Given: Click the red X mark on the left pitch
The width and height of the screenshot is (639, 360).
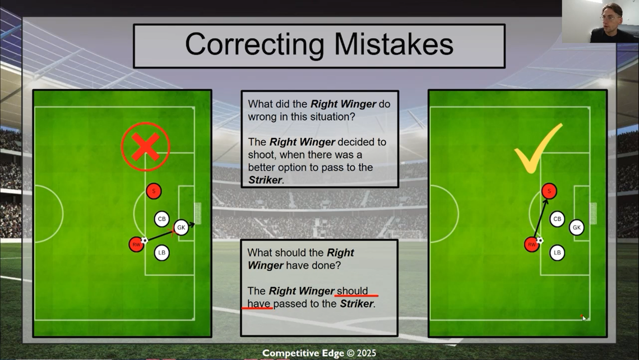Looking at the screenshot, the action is [146, 147].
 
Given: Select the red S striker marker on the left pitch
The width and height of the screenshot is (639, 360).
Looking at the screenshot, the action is [154, 191].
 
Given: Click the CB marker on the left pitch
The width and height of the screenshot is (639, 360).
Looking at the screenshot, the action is [162, 219].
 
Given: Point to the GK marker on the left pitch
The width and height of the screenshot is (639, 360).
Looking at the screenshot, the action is [181, 228].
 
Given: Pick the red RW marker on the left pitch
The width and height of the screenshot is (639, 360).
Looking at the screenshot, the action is [136, 244].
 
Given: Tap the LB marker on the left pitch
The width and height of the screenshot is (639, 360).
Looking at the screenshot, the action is [162, 253].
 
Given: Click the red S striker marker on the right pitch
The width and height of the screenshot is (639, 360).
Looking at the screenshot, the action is [549, 191].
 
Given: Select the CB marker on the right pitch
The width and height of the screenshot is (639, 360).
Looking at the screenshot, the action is [557, 219].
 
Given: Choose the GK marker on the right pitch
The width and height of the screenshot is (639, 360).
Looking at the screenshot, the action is [576, 228].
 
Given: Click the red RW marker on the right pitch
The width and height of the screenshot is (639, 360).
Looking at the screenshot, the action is [531, 244].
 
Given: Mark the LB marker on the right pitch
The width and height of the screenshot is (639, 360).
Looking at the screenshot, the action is [557, 253].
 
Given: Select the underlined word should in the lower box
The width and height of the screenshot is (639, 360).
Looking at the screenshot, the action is [353, 290].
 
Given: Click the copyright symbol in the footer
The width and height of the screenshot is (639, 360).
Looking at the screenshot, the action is [350, 353].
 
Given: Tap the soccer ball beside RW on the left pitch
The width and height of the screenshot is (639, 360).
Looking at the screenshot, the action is [144, 240].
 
